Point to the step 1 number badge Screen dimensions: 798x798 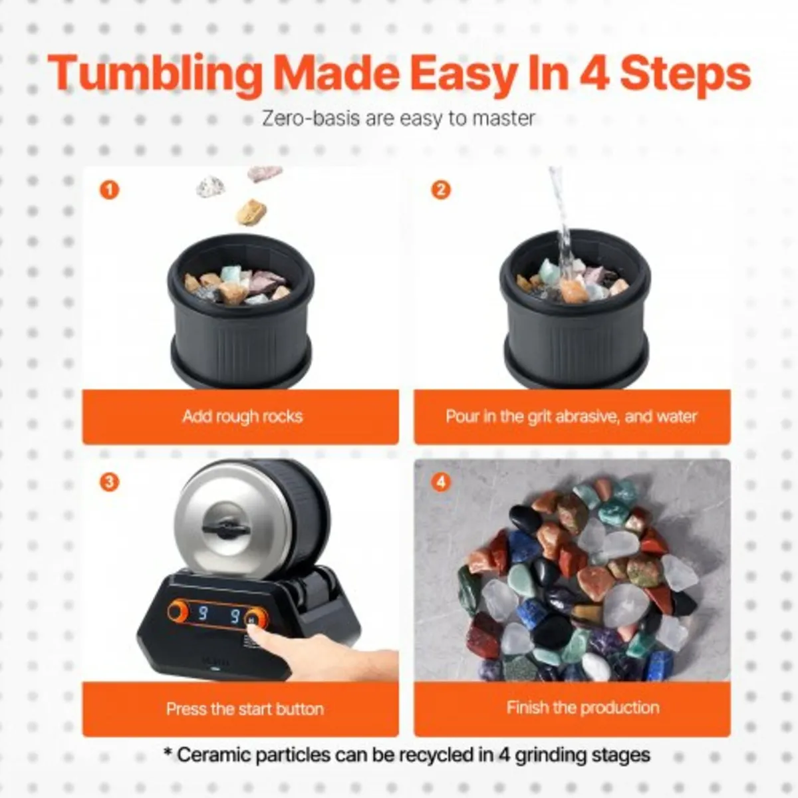point(109,190)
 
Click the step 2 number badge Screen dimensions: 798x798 point(441,190)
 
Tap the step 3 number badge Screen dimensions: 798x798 point(109,482)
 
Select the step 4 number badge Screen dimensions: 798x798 point(441,482)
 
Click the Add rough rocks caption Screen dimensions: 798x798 point(243,416)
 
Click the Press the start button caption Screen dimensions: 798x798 point(245,709)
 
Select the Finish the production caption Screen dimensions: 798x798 point(583,708)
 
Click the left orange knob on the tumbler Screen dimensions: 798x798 point(178,611)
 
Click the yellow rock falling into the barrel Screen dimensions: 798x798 point(251,212)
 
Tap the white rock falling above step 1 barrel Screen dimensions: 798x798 point(210,186)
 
